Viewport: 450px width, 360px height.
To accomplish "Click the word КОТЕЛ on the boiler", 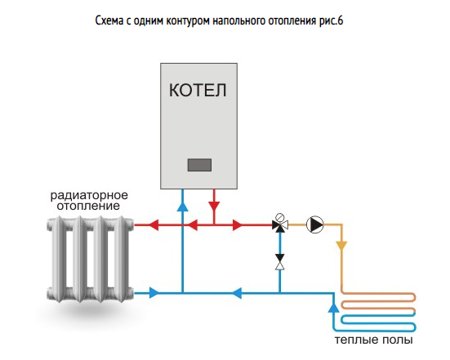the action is click(x=198, y=90).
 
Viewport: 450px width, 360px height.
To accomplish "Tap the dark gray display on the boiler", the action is click(x=199, y=165).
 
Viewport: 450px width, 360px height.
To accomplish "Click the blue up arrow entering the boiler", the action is click(x=182, y=207).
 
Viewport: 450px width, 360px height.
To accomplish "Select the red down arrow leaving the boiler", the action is click(x=214, y=207).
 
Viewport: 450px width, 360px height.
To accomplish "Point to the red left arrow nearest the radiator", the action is click(x=154, y=224).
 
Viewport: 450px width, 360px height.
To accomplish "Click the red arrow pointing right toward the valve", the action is click(x=238, y=224).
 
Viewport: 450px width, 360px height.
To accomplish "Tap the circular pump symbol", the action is click(x=314, y=224).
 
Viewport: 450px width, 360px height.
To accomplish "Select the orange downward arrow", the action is click(x=341, y=247).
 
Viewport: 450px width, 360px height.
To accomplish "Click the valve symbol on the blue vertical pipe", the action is click(x=280, y=262).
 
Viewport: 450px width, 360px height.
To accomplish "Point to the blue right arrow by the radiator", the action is click(x=154, y=293).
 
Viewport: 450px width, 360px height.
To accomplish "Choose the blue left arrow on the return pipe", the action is click(x=236, y=293).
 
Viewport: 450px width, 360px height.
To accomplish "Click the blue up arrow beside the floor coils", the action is click(x=333, y=308).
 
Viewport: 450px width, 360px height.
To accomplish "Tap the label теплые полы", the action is click(x=374, y=340).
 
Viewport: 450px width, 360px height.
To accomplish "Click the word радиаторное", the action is click(x=89, y=195).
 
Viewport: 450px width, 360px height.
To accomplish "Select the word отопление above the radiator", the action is click(x=88, y=206).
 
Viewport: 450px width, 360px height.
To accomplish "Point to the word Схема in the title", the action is click(x=109, y=21).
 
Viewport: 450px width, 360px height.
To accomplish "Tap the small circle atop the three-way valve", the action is click(x=280, y=216).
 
